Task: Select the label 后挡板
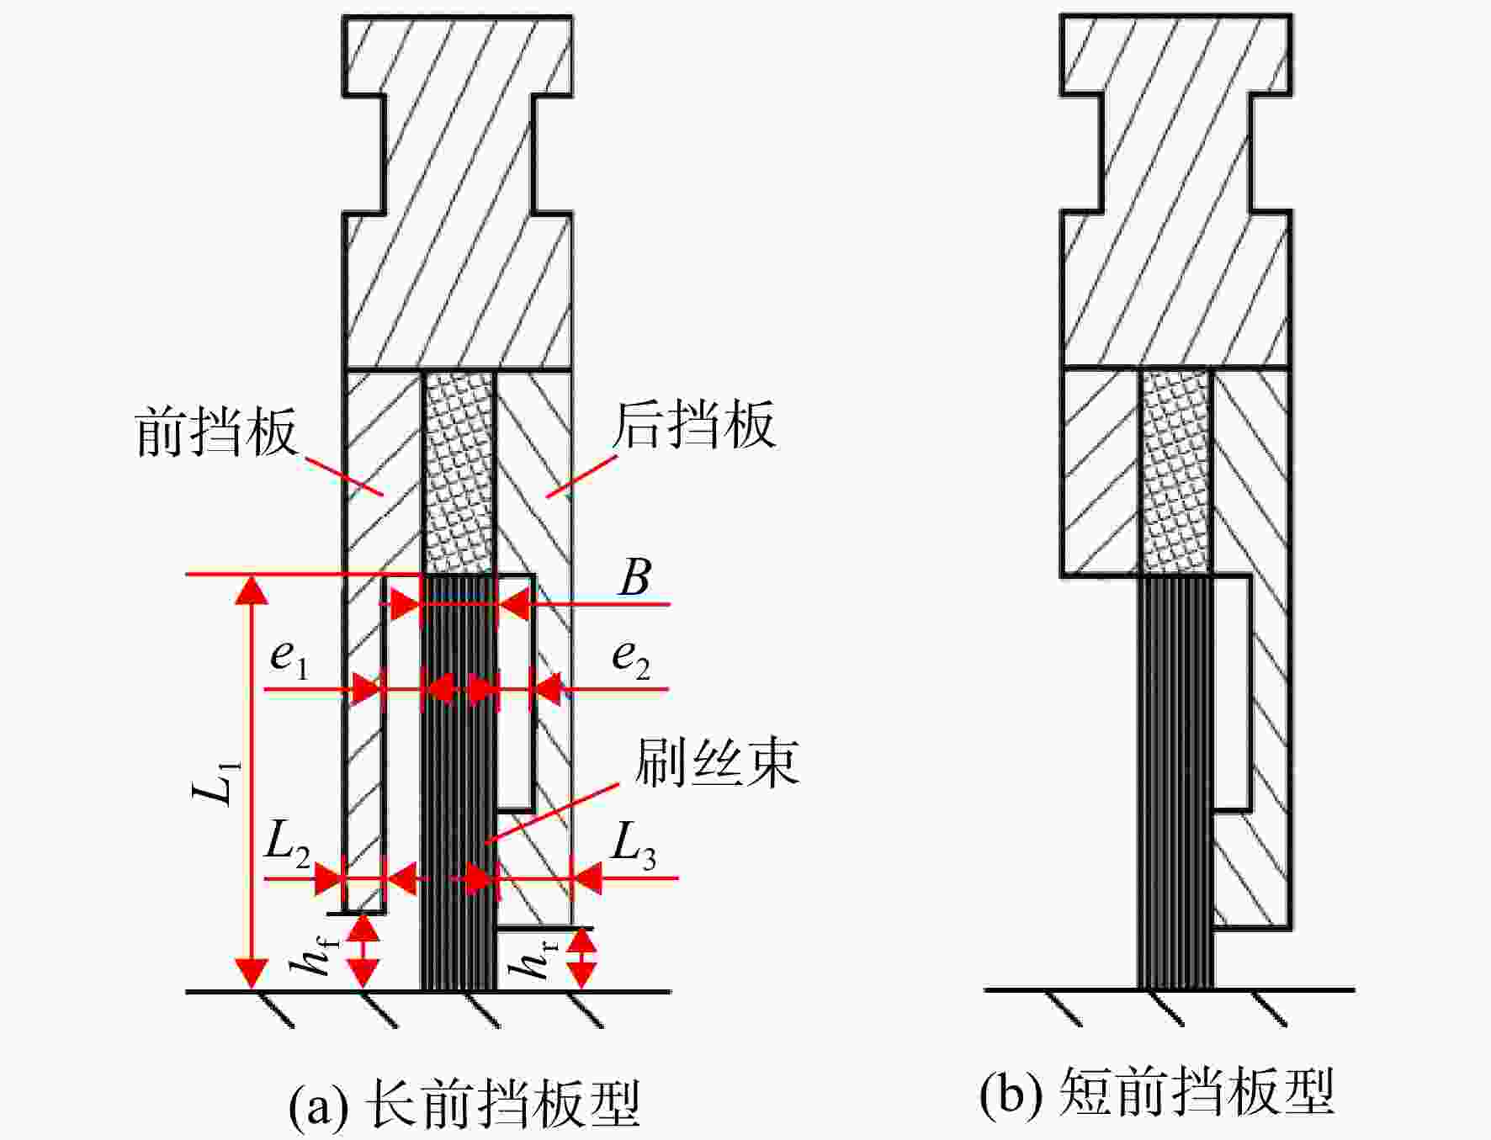pos(693,425)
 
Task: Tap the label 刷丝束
pos(716,763)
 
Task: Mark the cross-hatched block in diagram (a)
pos(459,473)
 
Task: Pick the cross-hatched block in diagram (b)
pos(1176,471)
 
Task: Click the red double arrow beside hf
pos(363,952)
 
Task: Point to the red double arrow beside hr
pos(581,959)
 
